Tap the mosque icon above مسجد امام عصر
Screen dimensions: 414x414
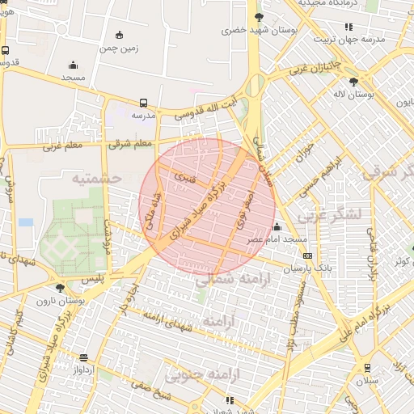[x=277, y=226]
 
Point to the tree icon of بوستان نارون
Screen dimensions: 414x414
[x=60, y=288]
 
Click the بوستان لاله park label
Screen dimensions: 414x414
[x=354, y=94]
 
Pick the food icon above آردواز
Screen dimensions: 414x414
[x=84, y=357]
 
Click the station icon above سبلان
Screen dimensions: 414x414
[x=368, y=367]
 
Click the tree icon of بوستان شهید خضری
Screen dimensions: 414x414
[x=259, y=16]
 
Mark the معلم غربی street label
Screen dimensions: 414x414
[x=42, y=146]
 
